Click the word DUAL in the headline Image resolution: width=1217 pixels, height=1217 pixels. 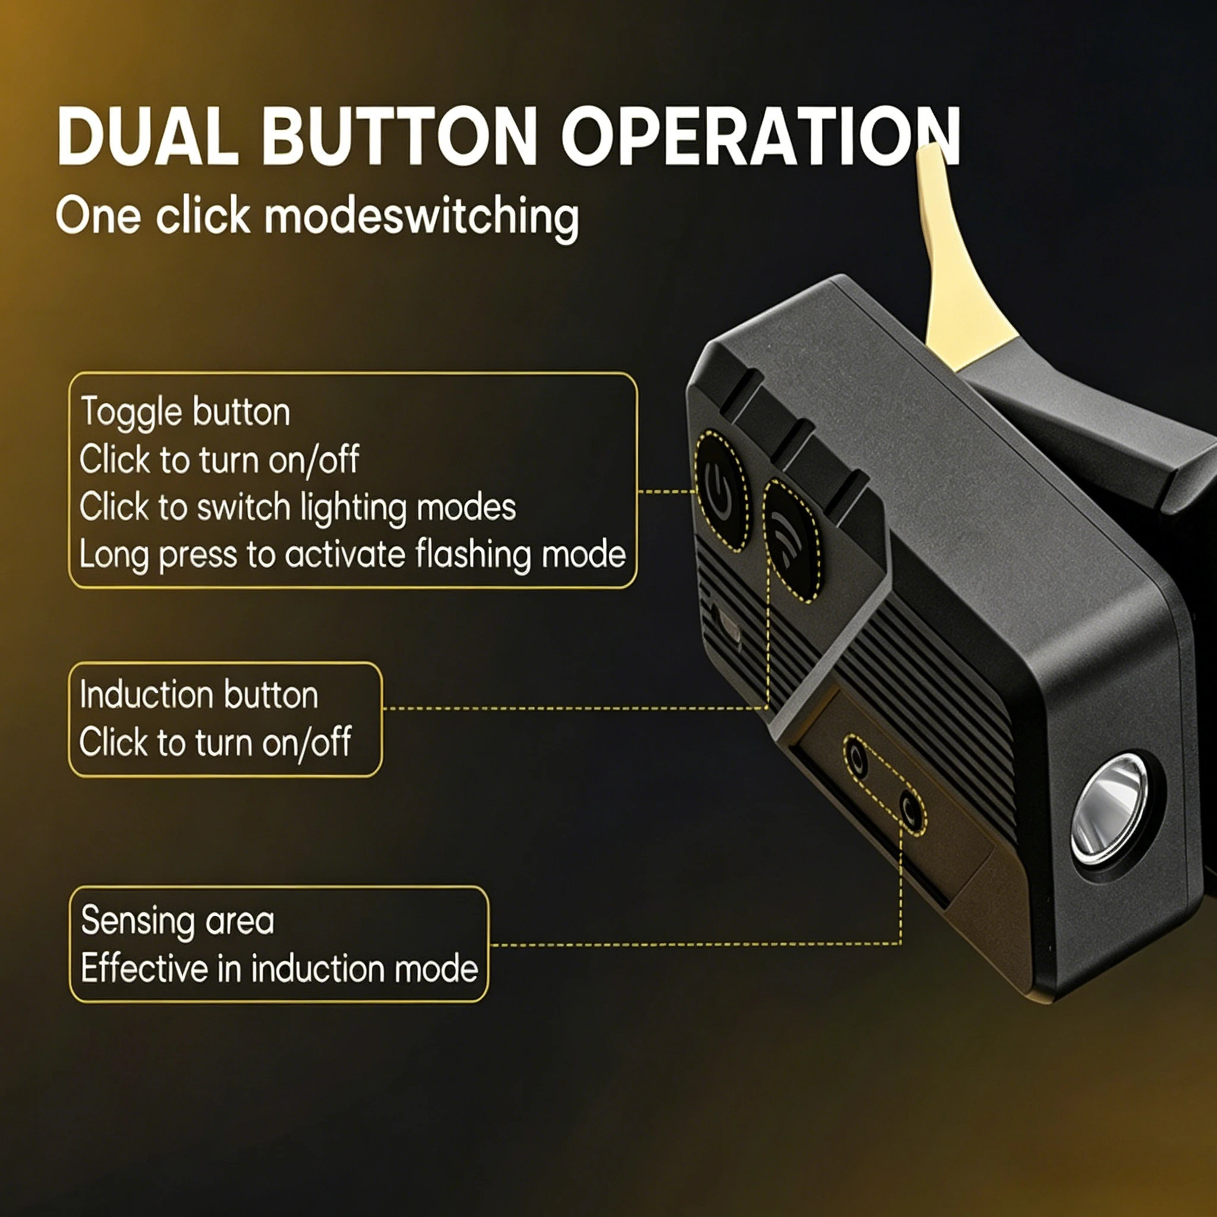coord(148,136)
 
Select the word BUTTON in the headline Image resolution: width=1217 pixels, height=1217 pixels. coord(399,136)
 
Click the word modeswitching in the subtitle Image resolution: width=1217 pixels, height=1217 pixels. coord(421,217)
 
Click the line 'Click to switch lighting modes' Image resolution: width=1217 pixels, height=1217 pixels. coord(297,507)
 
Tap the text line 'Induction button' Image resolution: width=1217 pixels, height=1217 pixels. coord(199,695)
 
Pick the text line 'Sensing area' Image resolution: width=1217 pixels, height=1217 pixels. coord(178,920)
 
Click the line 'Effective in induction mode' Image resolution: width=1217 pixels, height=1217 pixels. coord(280,968)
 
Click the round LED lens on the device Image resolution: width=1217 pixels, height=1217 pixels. coord(1109,809)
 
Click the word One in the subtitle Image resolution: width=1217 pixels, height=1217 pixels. coord(98,216)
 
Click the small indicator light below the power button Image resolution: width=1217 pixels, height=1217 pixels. coord(730,626)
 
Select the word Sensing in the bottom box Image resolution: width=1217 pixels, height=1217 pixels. coord(138,922)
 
